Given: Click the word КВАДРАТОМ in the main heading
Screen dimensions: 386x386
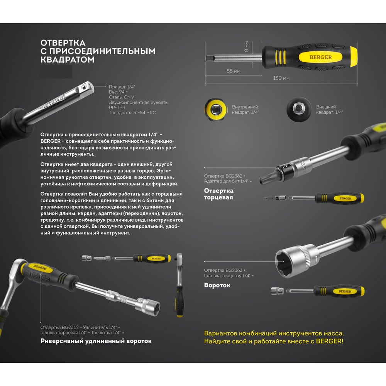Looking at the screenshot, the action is pos(67,59).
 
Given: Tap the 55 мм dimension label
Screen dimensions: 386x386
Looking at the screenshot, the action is pos(234,71).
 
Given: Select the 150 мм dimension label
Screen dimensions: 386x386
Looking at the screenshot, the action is pos(281,78).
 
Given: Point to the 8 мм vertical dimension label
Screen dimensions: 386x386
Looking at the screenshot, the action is pos(246,46).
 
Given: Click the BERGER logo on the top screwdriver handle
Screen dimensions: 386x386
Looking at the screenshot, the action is pos(320,57).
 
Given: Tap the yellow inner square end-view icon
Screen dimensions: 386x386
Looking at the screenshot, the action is pos(216,110).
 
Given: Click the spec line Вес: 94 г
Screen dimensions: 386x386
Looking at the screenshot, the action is pos(118,92).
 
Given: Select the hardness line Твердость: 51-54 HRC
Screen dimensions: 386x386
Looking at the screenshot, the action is pos(132,112).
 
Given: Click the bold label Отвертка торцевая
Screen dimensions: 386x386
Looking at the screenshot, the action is pos(218,194).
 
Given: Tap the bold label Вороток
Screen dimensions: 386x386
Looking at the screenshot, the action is pos(217,285).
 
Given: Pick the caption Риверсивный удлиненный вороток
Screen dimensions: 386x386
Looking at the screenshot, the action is pos(96,341).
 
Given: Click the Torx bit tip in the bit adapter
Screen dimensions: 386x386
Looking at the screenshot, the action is pos(267,178).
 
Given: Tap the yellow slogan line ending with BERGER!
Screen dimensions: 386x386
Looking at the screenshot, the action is pos(274,341).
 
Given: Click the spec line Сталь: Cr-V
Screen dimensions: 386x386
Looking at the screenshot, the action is pos(121,97).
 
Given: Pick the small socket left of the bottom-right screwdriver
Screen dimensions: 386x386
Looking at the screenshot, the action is pos(277,291).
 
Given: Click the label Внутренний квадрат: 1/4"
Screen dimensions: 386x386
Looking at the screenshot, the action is pos(245,110).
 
